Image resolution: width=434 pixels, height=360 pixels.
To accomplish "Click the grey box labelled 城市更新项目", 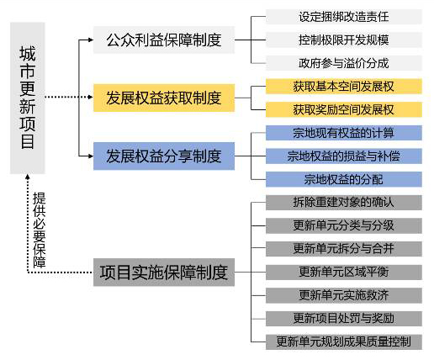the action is [28, 98].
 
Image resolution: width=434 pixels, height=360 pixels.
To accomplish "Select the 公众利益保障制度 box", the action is [164, 40].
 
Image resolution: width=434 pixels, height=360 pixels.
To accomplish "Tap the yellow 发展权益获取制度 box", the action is [164, 98].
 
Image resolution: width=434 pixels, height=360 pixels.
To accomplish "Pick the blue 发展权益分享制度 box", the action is [164, 156].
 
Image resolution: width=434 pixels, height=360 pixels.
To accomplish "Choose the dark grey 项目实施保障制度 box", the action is [164, 273].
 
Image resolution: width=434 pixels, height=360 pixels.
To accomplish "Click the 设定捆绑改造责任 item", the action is [344, 17].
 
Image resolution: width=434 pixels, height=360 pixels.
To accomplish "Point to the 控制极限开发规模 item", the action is [344, 40].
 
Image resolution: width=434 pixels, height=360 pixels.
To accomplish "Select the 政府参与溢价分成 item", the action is [344, 63].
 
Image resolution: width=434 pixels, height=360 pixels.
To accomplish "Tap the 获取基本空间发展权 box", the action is [344, 87].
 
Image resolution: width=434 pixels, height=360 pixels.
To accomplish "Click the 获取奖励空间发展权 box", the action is [344, 109].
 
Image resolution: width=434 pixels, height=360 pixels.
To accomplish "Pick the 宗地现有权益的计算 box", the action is [344, 133].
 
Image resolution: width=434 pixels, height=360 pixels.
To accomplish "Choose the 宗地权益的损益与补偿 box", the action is [344, 156].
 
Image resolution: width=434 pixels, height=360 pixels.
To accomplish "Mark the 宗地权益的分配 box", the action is [344, 179].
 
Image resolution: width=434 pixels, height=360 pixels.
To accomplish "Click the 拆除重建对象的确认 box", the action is [344, 203].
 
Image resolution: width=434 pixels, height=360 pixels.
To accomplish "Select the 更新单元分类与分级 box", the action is [344, 225].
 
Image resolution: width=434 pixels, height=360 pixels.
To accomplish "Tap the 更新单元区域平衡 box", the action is [344, 273].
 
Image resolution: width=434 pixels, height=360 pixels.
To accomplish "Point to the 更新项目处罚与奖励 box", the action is [344, 319].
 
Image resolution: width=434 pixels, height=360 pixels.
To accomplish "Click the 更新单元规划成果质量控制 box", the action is [344, 341].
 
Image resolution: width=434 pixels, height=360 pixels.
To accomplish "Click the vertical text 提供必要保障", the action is [40, 230].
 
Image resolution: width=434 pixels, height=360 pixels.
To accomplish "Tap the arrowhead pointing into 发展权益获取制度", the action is [90, 98].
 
